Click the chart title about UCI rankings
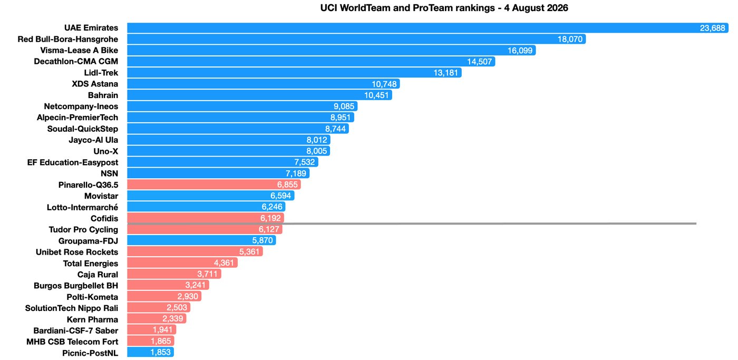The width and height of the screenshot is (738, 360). tap(444, 8)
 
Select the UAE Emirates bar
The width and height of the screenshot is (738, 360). tap(428, 28)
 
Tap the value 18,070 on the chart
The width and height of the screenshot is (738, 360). tap(570, 39)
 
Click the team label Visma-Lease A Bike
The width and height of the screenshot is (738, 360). tap(79, 51)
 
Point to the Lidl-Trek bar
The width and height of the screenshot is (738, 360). tap(294, 73)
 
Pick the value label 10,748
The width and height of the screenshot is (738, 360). tap(384, 84)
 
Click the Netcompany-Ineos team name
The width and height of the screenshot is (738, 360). tap(81, 106)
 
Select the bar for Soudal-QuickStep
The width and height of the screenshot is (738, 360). tap(238, 129)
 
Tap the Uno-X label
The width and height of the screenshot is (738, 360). tap(106, 151)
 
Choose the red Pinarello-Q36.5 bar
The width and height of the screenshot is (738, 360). tap(214, 184)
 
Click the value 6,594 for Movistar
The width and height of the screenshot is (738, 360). tap(280, 196)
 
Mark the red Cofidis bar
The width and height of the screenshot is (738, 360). tap(206, 218)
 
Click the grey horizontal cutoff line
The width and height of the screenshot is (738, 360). tap(412, 223)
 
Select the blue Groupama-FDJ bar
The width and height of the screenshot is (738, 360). tap(201, 240)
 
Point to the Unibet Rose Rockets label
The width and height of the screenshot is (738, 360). tap(77, 252)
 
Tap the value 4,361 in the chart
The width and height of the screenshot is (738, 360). tap(224, 263)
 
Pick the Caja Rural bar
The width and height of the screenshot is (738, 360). tap(174, 274)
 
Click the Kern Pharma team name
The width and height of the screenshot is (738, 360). tap(92, 319)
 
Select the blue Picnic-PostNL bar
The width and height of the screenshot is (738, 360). tap(150, 353)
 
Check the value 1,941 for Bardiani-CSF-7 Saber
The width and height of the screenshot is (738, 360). tap(162, 330)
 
